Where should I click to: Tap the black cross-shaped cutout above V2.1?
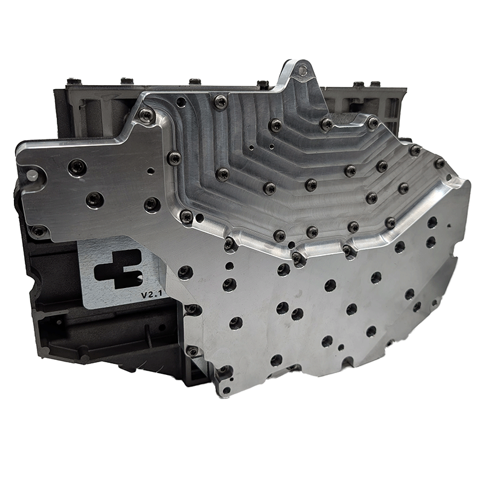(x=118, y=269)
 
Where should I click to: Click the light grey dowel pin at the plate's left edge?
(x=32, y=175)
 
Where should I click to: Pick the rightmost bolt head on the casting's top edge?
(x=375, y=84)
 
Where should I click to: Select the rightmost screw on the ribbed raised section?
(x=440, y=163)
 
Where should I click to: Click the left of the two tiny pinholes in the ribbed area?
(x=252, y=147)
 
